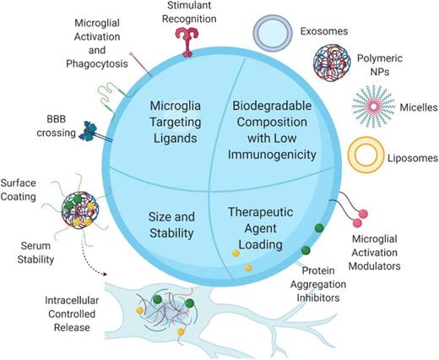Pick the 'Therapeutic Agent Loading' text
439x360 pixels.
(x=260, y=221)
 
